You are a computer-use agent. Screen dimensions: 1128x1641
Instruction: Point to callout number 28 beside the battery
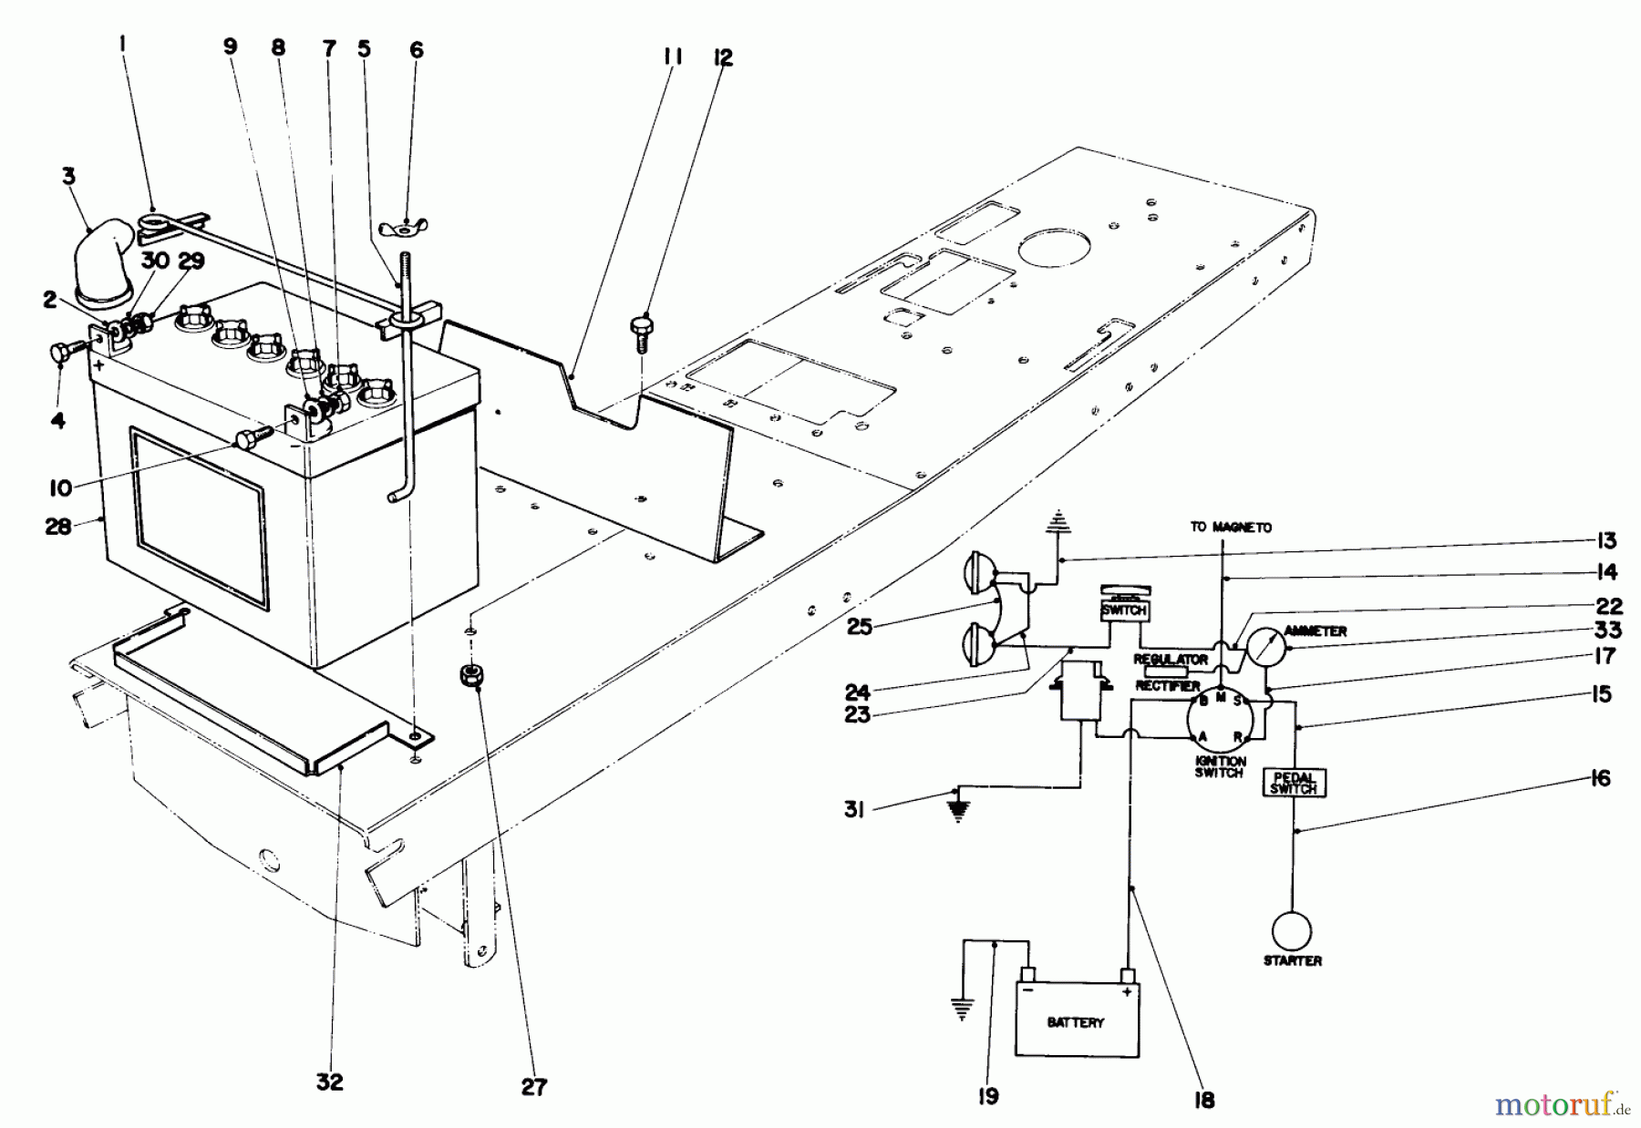click(57, 527)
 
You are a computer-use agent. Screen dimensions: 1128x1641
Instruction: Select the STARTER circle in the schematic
click(1292, 932)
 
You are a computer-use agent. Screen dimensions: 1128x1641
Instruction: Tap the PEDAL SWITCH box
click(1294, 783)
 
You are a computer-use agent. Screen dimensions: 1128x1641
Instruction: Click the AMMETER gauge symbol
click(1264, 646)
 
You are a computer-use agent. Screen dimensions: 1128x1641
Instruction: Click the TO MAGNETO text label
click(1230, 528)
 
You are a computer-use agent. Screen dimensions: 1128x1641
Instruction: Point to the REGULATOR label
click(1171, 658)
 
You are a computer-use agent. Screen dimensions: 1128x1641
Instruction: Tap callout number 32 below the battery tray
click(330, 1082)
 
